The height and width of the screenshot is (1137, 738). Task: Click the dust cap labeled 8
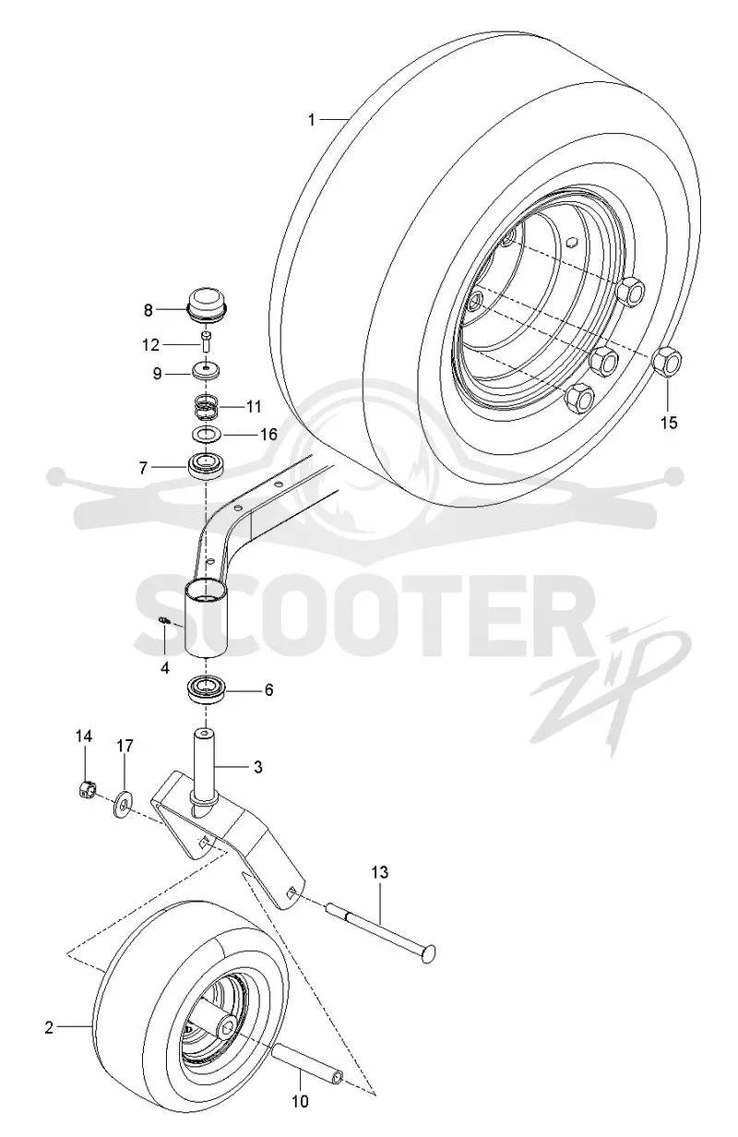pos(207,305)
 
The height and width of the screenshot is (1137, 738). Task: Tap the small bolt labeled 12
pos(207,343)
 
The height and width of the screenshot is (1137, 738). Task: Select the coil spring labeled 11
pos(207,408)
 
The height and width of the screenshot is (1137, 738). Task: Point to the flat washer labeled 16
pos(207,435)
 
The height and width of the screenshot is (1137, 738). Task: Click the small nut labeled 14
pos(89,790)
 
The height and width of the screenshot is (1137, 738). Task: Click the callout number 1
pos(312,120)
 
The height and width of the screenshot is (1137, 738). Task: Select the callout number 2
pos(49,1027)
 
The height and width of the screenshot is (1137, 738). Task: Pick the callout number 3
pos(258,767)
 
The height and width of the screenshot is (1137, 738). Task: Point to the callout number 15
pos(669,423)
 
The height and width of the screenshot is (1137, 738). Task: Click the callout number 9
pos(157,374)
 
